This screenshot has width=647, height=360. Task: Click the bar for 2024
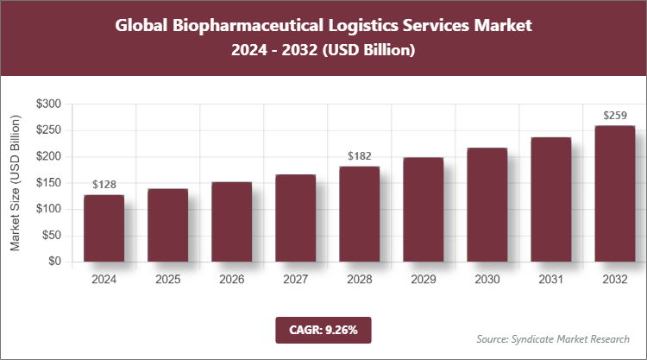pos(104,228)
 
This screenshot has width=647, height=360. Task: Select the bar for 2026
pos(231,222)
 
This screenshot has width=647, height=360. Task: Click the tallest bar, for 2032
pos(614,193)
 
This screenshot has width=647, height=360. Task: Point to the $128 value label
pos(104,184)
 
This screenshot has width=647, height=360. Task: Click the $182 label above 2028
pos(359,156)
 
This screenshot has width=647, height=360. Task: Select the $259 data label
pos(614,116)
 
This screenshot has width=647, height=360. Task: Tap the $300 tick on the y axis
pos(48,104)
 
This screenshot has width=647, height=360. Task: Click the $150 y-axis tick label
pos(48,183)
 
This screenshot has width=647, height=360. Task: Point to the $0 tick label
pos(53,262)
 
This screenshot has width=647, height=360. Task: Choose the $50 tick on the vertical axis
pos(51,236)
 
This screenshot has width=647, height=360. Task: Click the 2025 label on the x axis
pos(167,280)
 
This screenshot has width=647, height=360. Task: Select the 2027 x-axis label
pos(295,280)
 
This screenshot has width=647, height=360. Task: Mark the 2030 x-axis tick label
pos(487,280)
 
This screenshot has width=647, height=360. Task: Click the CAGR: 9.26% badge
pos(323,330)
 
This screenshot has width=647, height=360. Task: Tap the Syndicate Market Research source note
pos(553,338)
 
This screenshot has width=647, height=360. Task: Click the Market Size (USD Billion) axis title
pos(16,183)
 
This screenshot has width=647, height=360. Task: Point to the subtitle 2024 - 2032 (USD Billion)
pos(323,51)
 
